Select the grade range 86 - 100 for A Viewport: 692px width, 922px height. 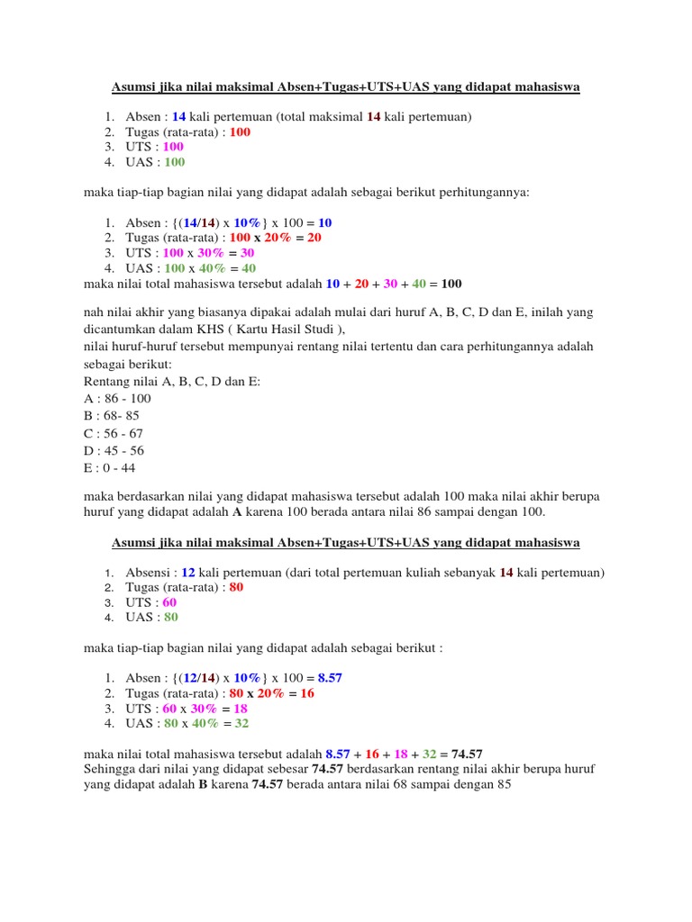coord(127,399)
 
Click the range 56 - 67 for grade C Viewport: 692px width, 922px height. coord(123,433)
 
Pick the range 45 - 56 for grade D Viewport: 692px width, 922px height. coord(123,450)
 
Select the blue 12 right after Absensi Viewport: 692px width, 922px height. coord(187,574)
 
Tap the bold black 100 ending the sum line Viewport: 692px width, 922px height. coord(451,285)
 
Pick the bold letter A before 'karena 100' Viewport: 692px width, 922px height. coord(238,512)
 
